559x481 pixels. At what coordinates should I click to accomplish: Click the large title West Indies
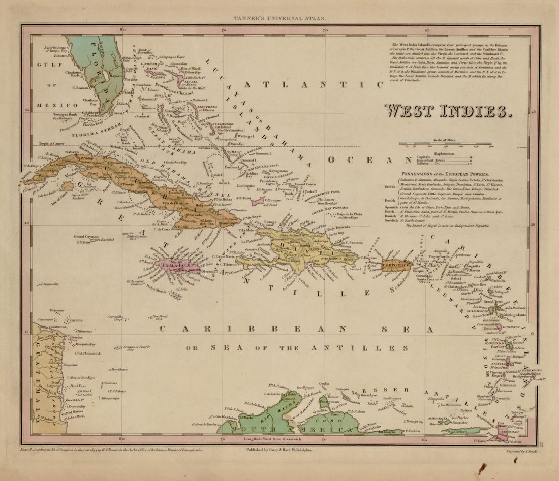tap(447, 111)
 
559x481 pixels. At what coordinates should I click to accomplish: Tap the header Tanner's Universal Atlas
tap(280, 18)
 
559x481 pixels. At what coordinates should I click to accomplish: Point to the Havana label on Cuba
tap(71, 152)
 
